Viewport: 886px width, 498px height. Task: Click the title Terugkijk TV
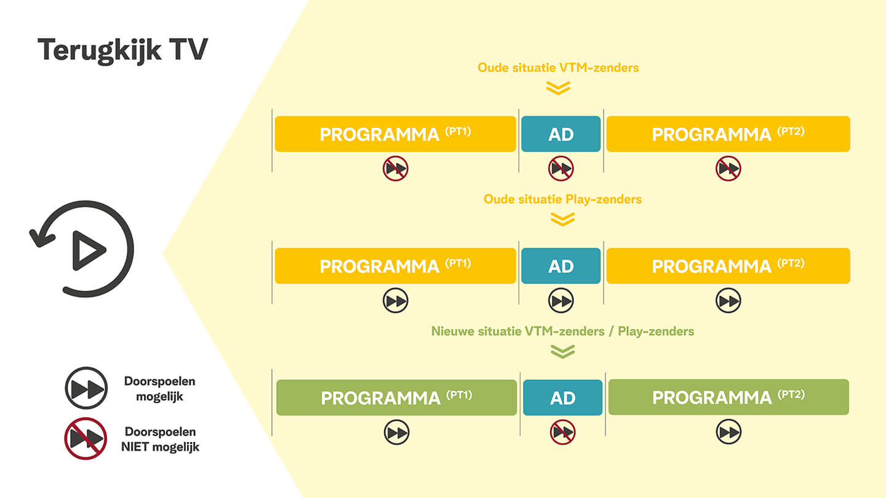122,50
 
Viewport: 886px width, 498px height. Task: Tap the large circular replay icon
83,249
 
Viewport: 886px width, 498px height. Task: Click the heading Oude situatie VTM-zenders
558,68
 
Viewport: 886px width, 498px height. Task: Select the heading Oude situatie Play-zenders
562,199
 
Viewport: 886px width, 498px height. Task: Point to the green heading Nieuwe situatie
562,331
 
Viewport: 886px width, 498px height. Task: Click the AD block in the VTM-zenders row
561,134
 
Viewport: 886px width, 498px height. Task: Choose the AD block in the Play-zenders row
561,266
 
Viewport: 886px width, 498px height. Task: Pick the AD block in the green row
562,398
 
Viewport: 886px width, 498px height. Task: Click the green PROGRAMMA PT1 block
396,398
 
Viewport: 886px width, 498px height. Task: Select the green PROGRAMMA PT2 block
728,397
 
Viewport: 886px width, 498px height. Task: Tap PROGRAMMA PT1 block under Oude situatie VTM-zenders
395,134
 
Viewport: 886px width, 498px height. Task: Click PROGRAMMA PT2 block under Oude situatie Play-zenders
728,266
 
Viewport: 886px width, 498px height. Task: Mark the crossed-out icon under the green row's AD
562,432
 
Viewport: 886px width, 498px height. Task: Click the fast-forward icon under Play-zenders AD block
561,301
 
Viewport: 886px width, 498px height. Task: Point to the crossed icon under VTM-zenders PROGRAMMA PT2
728,168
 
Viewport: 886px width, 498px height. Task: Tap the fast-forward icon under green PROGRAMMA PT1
397,432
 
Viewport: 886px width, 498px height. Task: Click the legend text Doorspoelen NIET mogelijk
160,440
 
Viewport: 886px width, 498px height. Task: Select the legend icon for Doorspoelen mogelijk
86,388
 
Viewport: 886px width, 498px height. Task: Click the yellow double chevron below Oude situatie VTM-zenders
558,89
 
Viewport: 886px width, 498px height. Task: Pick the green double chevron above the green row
562,351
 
